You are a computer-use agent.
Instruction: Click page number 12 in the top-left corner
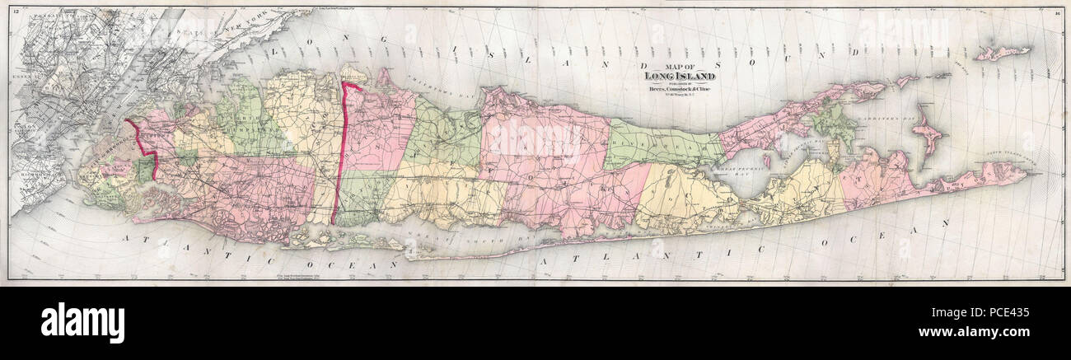[x=15, y=12]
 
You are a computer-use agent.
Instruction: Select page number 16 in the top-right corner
[x=1057, y=12]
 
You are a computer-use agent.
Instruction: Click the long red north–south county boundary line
[x=339, y=148]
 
